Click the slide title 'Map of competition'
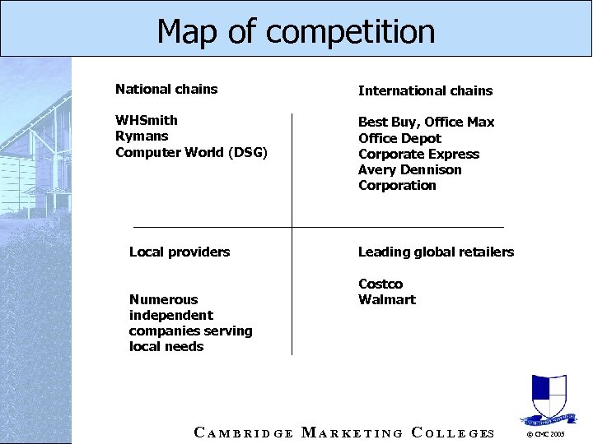pyautogui.click(x=296, y=31)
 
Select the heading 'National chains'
pyautogui.click(x=166, y=89)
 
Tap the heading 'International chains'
pyautogui.click(x=425, y=90)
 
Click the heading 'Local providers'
pyautogui.click(x=180, y=252)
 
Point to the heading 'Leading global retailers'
pyautogui.click(x=436, y=252)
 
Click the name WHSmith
pyautogui.click(x=147, y=120)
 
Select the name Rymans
pyautogui.click(x=142, y=136)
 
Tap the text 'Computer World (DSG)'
pyautogui.click(x=191, y=151)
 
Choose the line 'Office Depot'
pyautogui.click(x=399, y=138)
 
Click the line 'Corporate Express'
pyautogui.click(x=418, y=154)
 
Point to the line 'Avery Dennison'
pyautogui.click(x=409, y=169)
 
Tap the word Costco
pyautogui.click(x=381, y=284)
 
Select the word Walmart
pyautogui.click(x=386, y=299)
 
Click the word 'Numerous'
pyautogui.click(x=163, y=299)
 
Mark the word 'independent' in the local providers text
pyautogui.click(x=170, y=315)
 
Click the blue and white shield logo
pyautogui.click(x=549, y=398)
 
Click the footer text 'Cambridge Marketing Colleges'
pyautogui.click(x=343, y=432)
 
